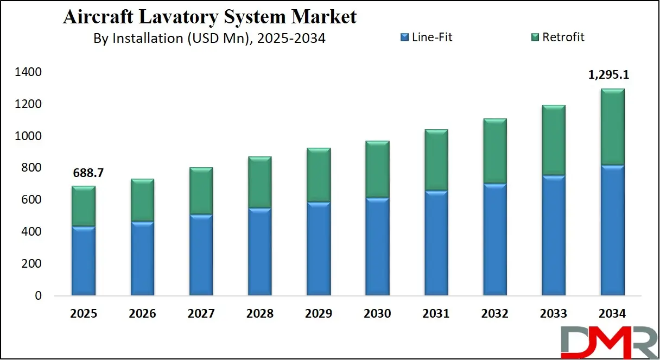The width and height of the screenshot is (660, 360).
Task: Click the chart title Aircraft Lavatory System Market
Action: point(210,17)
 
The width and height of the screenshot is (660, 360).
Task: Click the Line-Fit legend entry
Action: point(426,37)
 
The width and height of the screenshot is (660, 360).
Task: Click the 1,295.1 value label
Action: point(612,75)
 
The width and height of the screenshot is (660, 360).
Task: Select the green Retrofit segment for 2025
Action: point(83,206)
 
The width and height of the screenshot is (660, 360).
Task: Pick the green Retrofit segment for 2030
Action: point(377,169)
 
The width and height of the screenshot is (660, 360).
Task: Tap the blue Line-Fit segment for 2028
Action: point(259,251)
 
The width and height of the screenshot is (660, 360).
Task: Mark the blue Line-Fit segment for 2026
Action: point(142,258)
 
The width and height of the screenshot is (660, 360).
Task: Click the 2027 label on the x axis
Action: point(201,313)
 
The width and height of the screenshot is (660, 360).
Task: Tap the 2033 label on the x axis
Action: point(553,313)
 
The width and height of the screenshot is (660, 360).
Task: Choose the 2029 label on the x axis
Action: point(318,313)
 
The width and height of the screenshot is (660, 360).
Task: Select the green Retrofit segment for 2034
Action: point(612,127)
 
